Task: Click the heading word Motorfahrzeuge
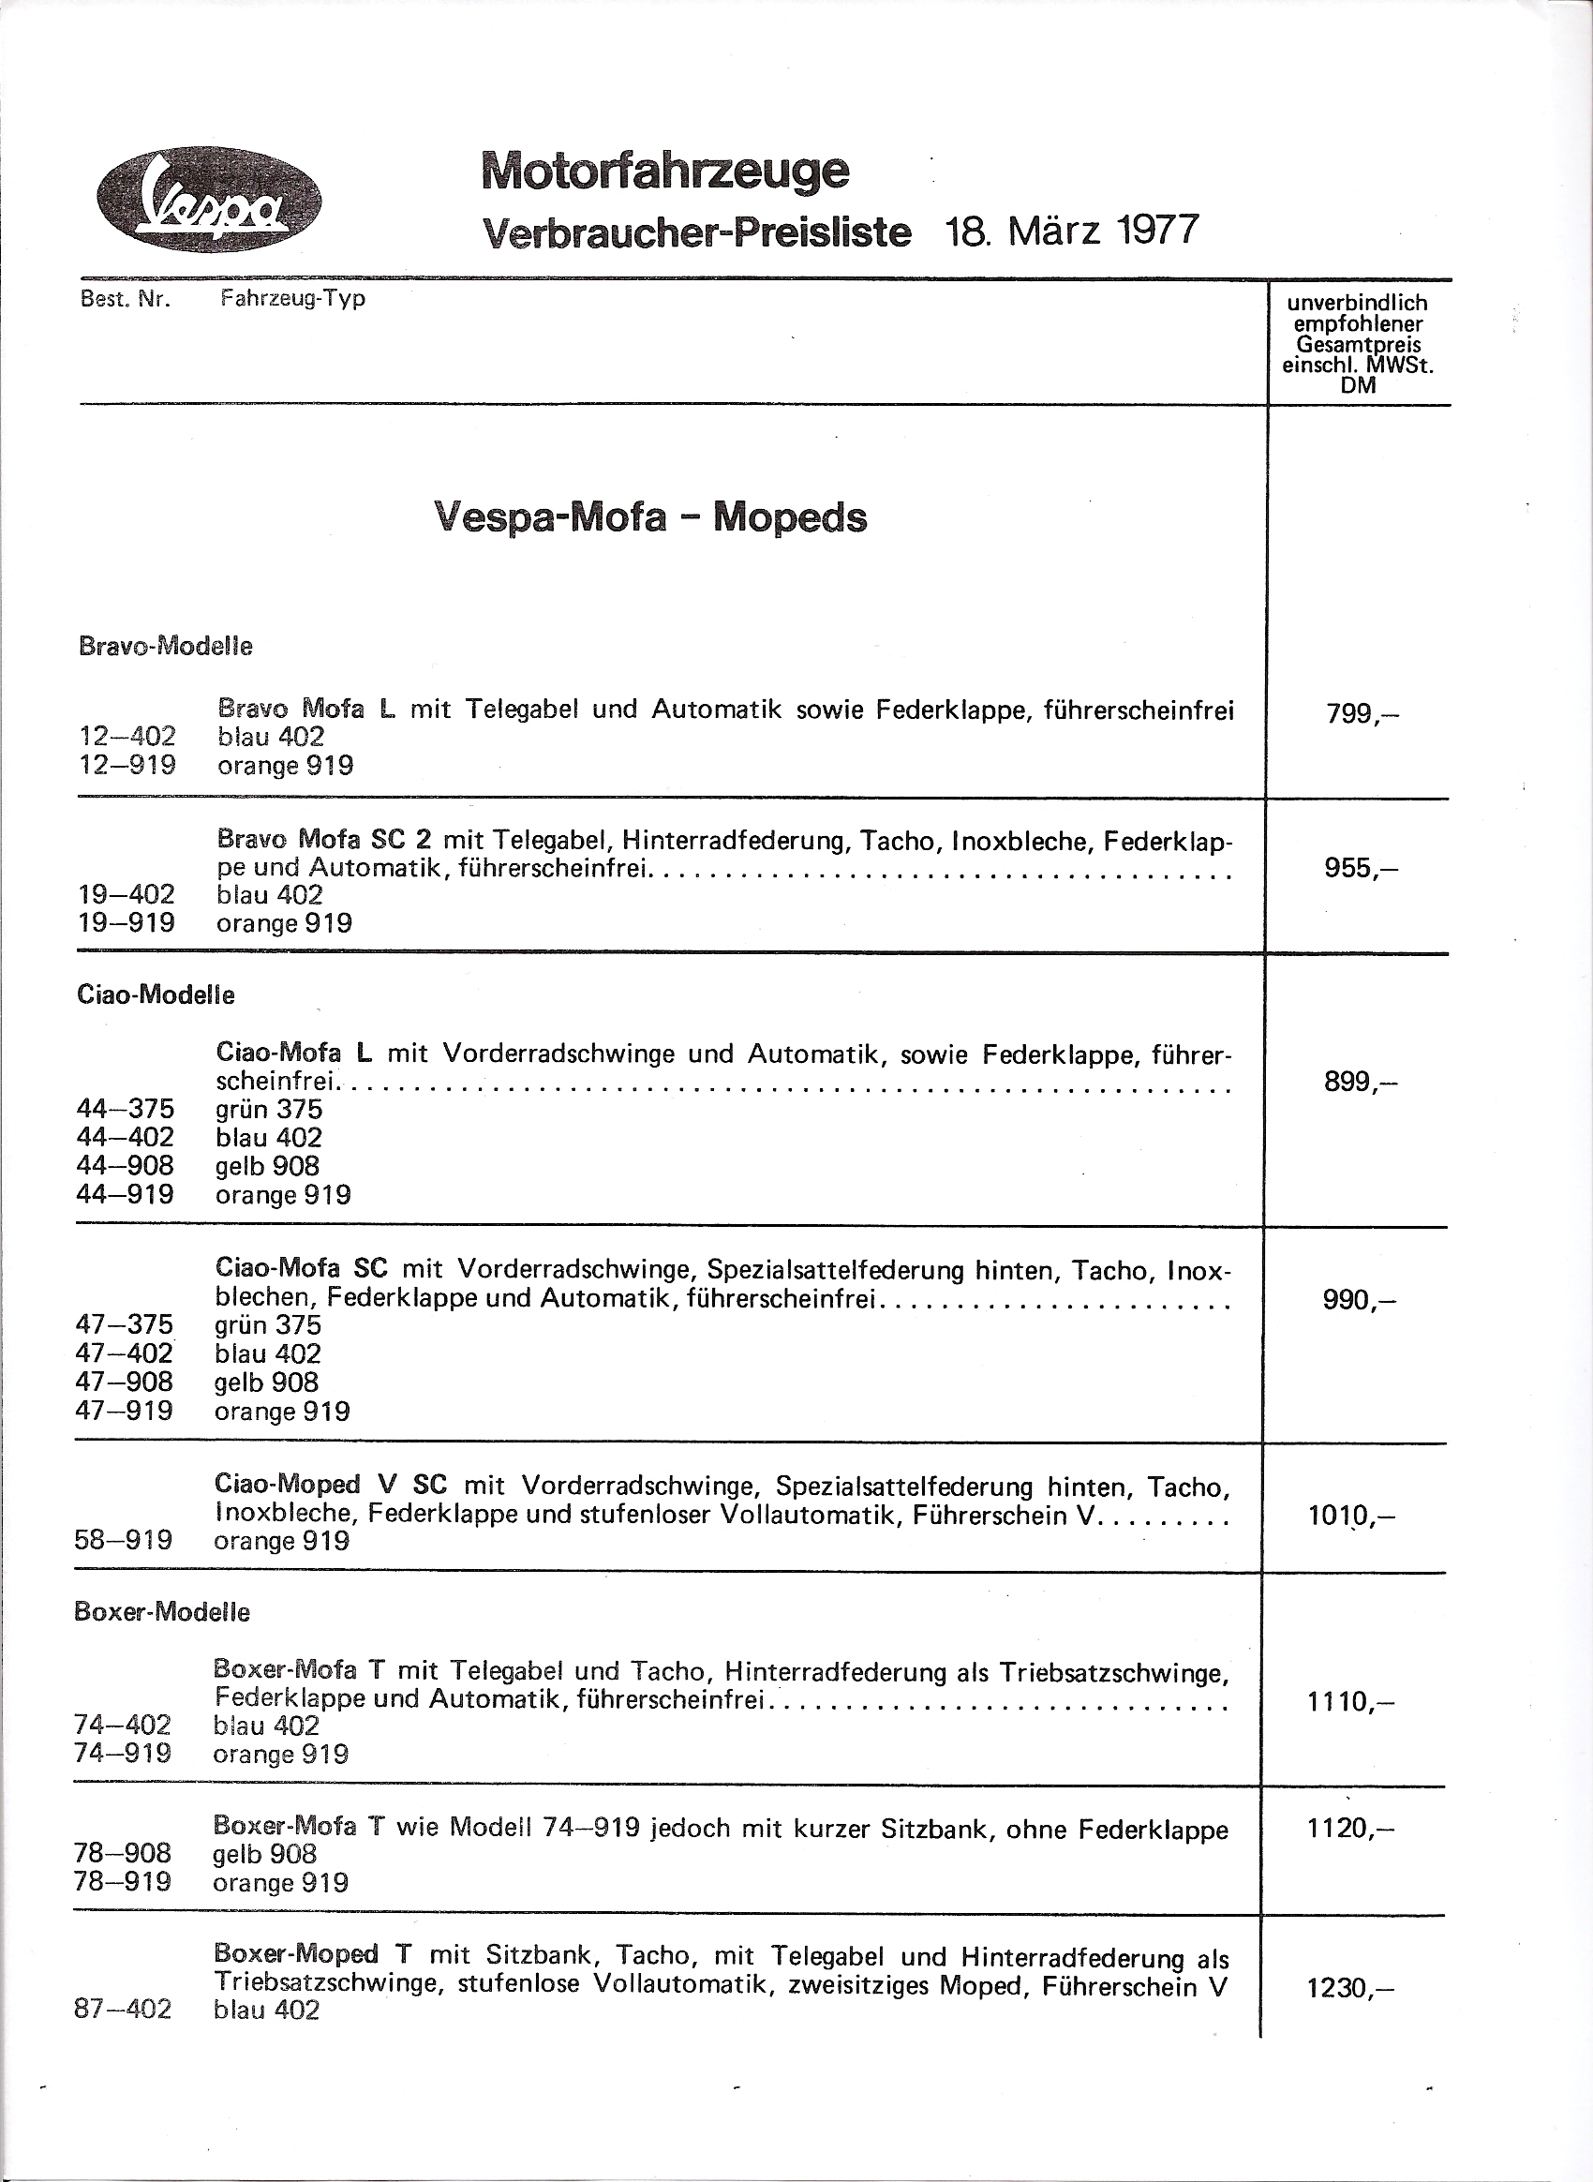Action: (665, 171)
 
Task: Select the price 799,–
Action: (1362, 715)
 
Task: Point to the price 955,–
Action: (1361, 868)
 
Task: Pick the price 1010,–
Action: (1351, 1516)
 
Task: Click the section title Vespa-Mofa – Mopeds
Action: (651, 517)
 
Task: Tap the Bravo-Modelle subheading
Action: (165, 647)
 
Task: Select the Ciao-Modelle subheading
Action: (156, 994)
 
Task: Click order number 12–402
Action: (127, 737)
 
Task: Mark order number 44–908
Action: (126, 1165)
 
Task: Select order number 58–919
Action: (124, 1540)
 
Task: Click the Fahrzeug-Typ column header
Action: (292, 298)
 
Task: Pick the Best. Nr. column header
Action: (126, 299)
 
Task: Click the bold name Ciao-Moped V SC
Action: (331, 1486)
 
